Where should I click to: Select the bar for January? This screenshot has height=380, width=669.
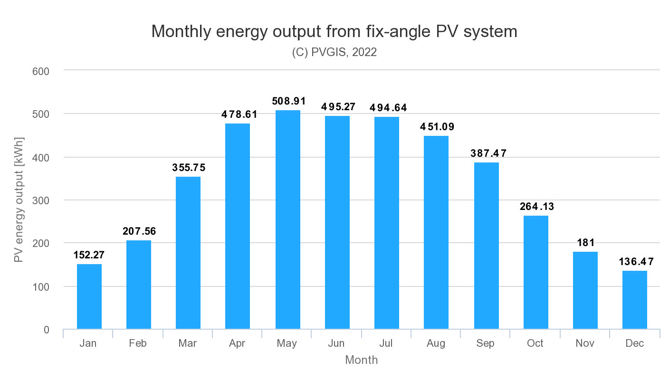89,296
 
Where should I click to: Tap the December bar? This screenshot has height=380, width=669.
634,300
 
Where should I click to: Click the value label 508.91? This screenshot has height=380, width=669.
288,101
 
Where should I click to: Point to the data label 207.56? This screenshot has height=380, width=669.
139,231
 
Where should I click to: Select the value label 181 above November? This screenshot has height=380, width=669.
585,243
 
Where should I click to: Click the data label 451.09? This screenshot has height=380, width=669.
437,127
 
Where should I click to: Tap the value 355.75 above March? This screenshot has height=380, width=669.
189,168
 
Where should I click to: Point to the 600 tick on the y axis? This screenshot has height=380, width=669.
41,71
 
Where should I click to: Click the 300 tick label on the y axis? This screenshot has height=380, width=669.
41,200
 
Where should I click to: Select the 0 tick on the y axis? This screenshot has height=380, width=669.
46,330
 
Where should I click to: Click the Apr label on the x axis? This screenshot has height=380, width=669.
237,343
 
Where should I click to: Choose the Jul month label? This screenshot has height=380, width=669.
386,343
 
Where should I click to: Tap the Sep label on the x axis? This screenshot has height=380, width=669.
485,343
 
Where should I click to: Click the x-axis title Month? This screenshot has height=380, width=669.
361,360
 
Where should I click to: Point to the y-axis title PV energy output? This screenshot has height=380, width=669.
19,199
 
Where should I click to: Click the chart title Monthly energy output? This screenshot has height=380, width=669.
334,31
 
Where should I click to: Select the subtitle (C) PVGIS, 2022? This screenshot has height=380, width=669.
334,52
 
